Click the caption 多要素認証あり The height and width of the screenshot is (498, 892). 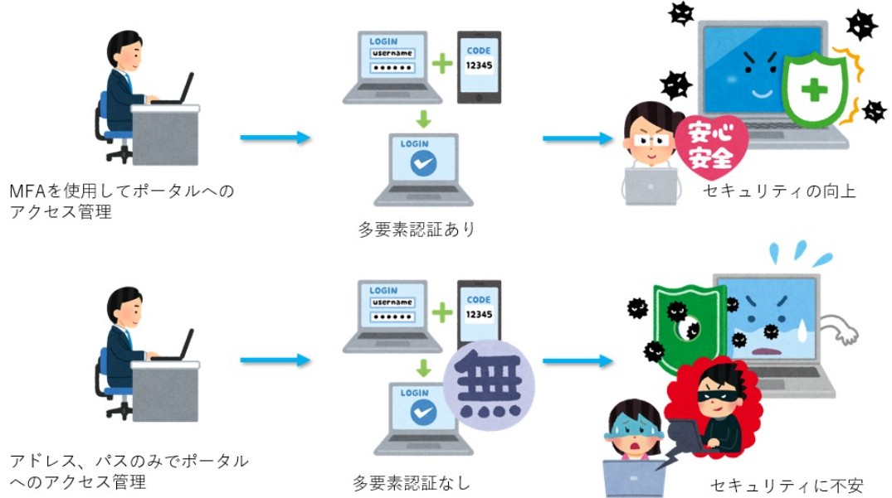click(417, 230)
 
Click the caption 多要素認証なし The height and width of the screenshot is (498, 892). click(412, 481)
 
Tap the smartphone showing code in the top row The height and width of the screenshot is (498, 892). click(479, 67)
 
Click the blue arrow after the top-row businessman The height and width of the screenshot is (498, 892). click(274, 137)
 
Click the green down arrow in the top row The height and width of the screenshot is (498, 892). click(423, 118)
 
